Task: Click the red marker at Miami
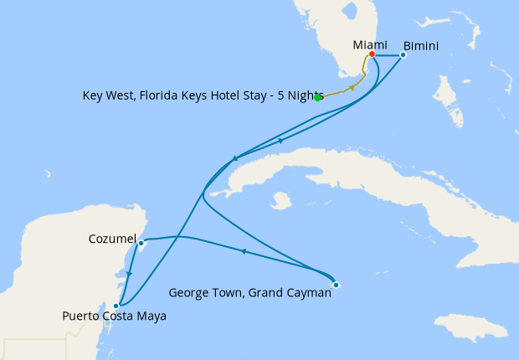click(372, 55)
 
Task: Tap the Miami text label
click(371, 43)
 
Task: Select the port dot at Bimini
click(403, 55)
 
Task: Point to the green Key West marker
click(318, 97)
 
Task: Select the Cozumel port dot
click(141, 244)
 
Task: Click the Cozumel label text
click(112, 239)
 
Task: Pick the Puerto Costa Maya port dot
click(116, 306)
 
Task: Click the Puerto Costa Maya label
click(114, 316)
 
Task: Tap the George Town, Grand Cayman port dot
click(336, 285)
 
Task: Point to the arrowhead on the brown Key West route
click(352, 87)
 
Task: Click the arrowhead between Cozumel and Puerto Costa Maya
click(128, 274)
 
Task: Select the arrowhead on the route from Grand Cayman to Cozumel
click(243, 250)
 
